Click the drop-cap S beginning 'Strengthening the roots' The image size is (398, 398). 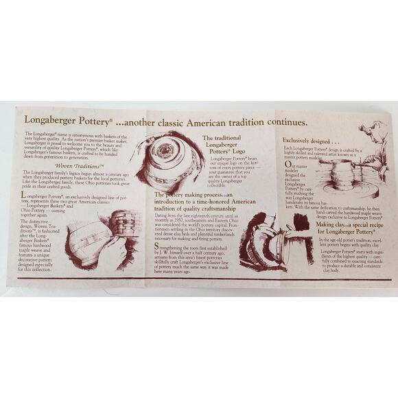[x=156, y=245]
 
